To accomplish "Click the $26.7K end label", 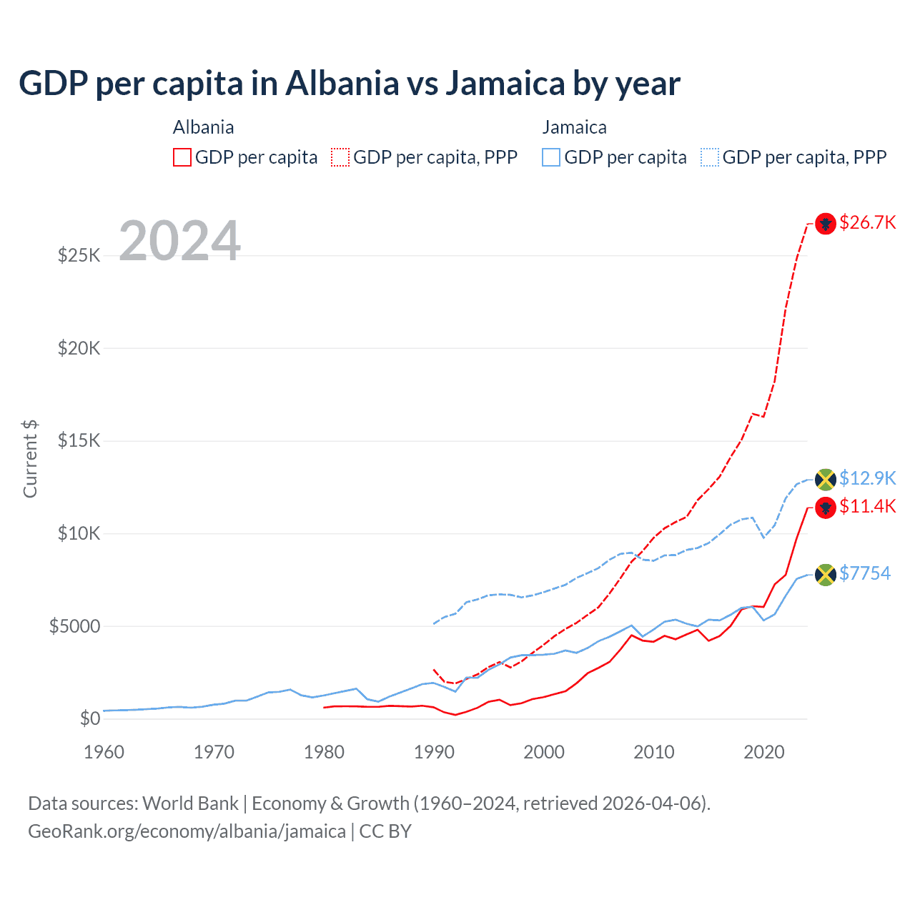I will point(867,222).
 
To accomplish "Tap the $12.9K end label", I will point(867,478).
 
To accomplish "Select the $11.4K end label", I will point(867,506).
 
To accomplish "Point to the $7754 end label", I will point(865,573).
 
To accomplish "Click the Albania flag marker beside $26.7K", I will point(826,224).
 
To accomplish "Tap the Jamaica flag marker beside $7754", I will point(826,575).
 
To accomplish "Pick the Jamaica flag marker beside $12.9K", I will point(826,479).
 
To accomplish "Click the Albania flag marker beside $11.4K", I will point(826,508).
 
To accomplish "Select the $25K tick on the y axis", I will point(79,255).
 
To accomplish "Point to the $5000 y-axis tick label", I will point(74,626).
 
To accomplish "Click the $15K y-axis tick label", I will point(79,440).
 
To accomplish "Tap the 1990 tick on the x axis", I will point(434,752).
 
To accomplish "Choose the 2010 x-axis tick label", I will point(654,752).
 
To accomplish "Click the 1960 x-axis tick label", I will point(104,752).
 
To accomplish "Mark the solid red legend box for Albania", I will point(182,157).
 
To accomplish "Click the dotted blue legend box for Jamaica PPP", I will point(710,157).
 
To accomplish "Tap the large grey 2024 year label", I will point(179,241).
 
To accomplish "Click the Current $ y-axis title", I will point(30,459).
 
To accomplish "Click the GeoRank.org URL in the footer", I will point(187,831).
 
